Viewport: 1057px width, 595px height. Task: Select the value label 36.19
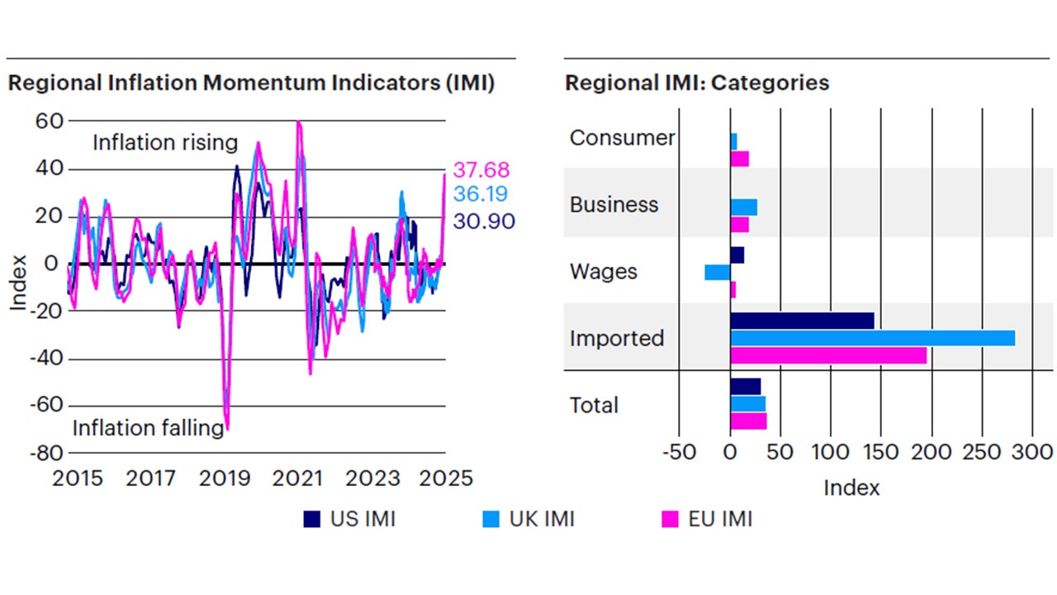[x=481, y=195]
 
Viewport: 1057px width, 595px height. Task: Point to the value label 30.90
[x=484, y=221]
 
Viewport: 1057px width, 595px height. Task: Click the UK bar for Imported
[x=872, y=338]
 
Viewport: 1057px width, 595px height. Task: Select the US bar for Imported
[x=802, y=321]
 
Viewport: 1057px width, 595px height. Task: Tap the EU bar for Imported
[x=828, y=355]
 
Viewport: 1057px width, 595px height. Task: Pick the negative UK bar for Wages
[x=717, y=272]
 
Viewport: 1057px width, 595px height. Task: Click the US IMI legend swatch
[x=312, y=519]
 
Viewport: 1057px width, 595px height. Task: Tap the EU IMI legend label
[x=720, y=519]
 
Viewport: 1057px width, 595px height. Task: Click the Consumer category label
[x=622, y=138]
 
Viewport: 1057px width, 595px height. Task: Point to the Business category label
[x=614, y=205]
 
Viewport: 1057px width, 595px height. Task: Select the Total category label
[x=594, y=405]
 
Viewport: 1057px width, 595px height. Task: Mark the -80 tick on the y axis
[x=47, y=453]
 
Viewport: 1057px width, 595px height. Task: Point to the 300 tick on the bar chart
[x=1032, y=453]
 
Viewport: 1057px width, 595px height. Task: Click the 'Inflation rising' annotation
[x=164, y=143]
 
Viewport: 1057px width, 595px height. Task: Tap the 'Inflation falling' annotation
[x=148, y=428]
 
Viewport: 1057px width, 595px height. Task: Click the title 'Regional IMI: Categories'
[x=697, y=83]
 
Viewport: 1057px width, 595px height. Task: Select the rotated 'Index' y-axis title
[x=19, y=283]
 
